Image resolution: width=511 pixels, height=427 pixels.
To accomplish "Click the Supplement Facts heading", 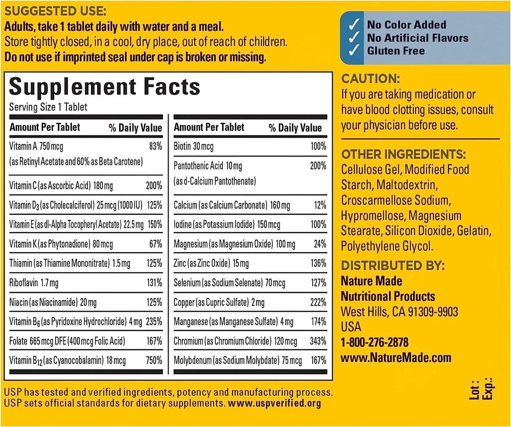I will tap(105, 86).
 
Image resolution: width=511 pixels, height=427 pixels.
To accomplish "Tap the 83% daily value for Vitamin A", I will tap(155, 146).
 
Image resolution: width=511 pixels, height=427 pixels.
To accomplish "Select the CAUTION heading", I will tap(369, 79).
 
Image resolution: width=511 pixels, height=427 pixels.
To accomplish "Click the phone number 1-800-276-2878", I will tap(375, 342).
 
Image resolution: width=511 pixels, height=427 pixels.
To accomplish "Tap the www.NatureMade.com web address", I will tap(396, 358).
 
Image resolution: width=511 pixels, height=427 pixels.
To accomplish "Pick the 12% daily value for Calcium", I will tap(320, 205).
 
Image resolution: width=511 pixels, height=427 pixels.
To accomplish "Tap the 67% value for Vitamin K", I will tap(155, 244).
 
